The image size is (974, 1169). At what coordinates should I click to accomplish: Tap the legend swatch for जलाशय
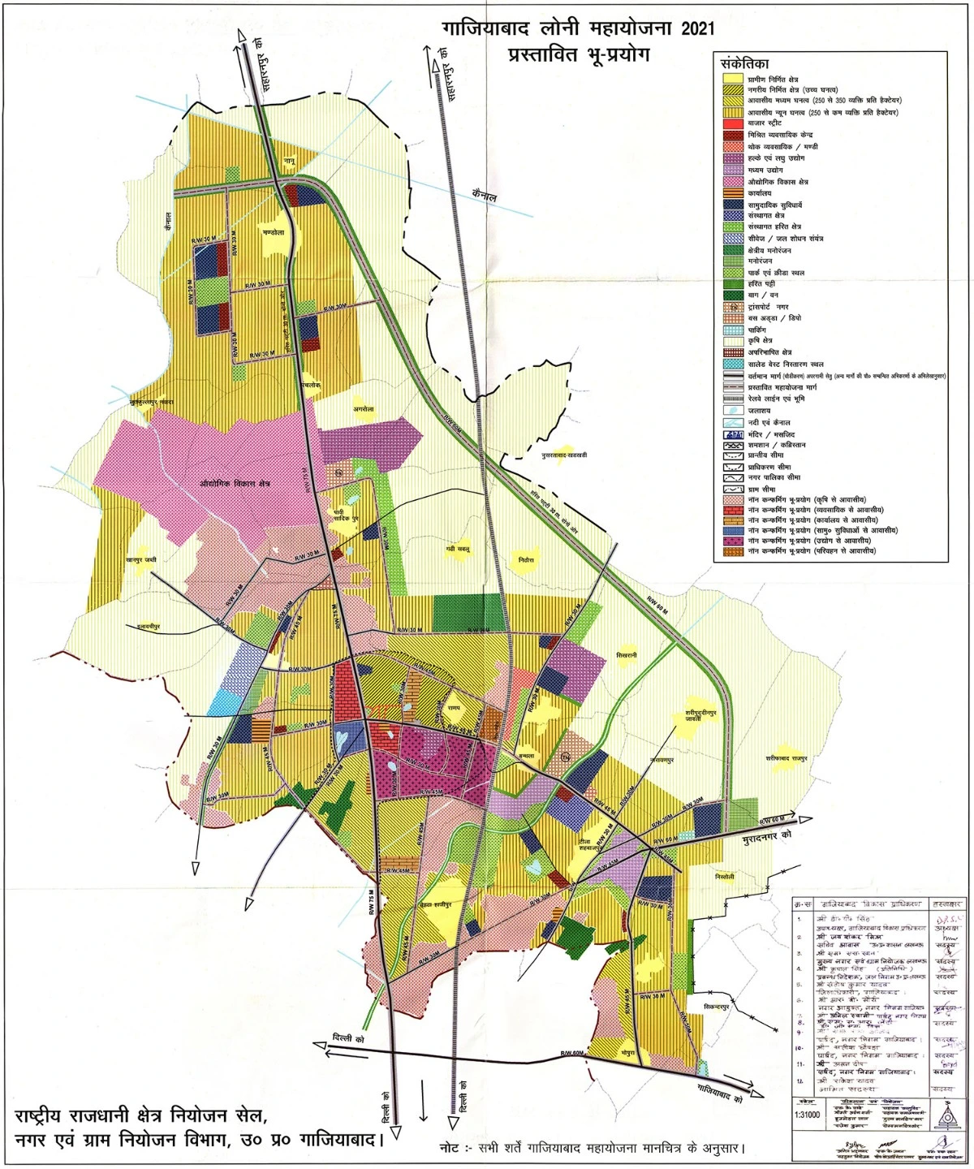pyautogui.click(x=734, y=411)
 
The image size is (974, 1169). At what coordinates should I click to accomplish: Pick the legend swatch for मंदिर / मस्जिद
pyautogui.click(x=734, y=435)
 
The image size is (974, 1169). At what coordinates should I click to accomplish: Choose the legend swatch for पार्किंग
pyautogui.click(x=734, y=330)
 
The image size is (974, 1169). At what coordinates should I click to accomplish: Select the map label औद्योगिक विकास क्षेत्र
pyautogui.click(x=234, y=484)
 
